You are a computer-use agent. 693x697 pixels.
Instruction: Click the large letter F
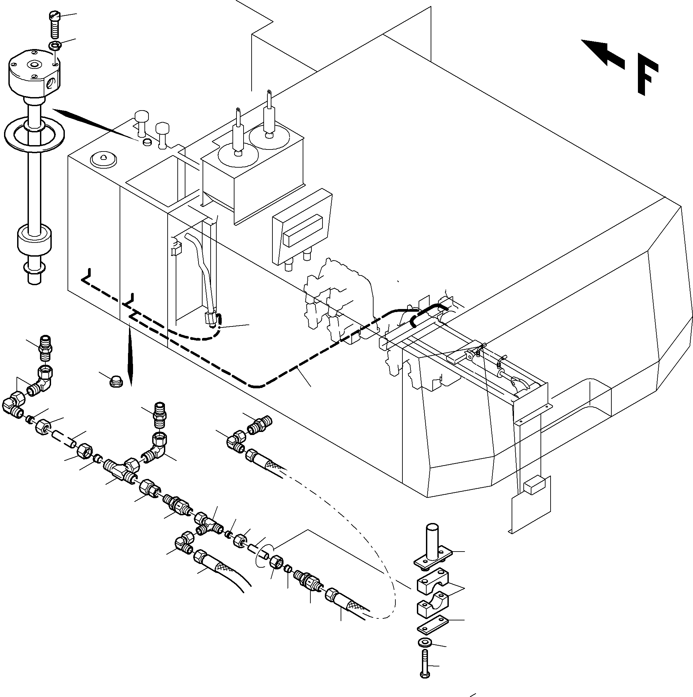[646, 76]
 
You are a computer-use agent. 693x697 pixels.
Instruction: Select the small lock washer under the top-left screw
[55, 46]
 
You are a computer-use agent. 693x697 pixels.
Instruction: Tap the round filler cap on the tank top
[103, 159]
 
